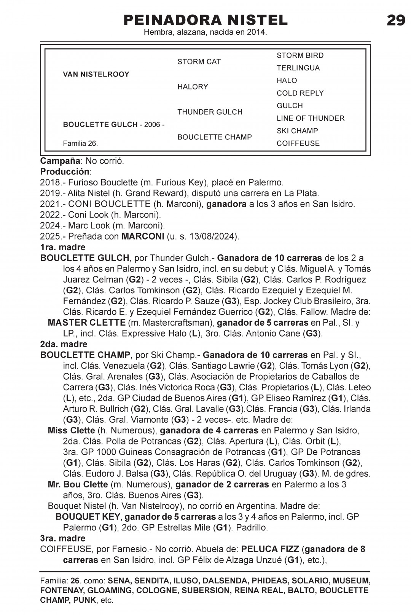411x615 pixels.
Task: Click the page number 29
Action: (x=396, y=20)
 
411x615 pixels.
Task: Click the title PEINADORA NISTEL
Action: (x=205, y=20)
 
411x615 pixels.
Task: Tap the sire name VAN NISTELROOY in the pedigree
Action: (x=96, y=74)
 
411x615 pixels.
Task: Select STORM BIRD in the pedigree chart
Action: (x=300, y=56)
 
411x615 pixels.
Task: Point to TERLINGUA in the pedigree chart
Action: (x=298, y=68)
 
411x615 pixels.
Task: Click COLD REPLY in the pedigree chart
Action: (x=300, y=93)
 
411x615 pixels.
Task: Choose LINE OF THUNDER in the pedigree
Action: (x=310, y=118)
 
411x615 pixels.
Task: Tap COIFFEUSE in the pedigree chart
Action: (x=298, y=144)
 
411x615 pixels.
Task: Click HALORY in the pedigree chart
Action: (x=193, y=87)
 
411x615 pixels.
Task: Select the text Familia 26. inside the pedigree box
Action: (x=80, y=144)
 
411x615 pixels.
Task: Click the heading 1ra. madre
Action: (x=63, y=247)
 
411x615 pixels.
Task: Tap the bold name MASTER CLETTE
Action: (x=86, y=323)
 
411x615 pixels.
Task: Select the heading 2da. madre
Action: (x=64, y=344)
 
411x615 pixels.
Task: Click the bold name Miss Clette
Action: (x=71, y=431)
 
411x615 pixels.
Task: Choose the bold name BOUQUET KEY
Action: (x=88, y=517)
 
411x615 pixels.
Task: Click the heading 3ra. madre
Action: (x=63, y=538)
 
